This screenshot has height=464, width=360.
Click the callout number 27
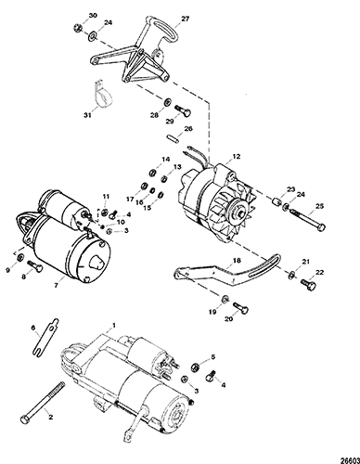(x=186, y=19)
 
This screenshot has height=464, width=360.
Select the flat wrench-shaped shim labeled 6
(x=45, y=336)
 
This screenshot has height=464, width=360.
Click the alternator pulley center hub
(x=240, y=213)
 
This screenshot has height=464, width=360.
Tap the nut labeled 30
(x=77, y=27)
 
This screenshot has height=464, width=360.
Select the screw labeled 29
(x=183, y=110)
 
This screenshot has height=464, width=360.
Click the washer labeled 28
(x=167, y=101)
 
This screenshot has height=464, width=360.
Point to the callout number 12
(x=237, y=157)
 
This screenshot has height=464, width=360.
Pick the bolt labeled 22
(x=308, y=284)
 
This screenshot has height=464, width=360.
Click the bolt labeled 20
(x=240, y=307)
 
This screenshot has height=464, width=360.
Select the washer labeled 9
(x=19, y=257)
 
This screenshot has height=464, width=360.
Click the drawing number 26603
(x=352, y=460)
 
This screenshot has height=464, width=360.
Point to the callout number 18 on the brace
(x=237, y=261)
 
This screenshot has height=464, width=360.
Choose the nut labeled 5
(x=196, y=367)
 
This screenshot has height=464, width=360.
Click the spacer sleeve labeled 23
(x=276, y=201)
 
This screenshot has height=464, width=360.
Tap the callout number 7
(x=56, y=285)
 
